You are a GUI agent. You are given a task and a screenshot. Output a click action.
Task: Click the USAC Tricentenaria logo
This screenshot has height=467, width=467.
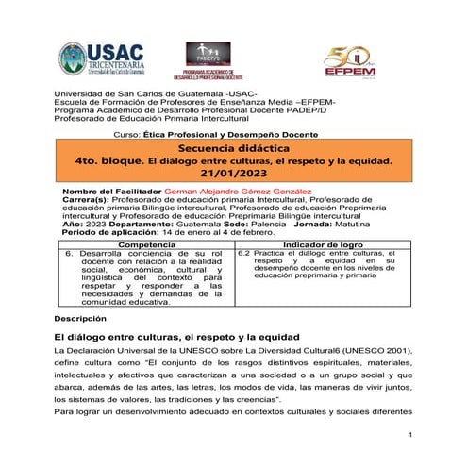tap(98, 59)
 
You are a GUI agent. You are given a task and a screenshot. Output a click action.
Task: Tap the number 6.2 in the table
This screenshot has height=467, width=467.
tap(244, 254)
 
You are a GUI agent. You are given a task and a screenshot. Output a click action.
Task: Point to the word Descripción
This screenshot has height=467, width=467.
tap(80, 320)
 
